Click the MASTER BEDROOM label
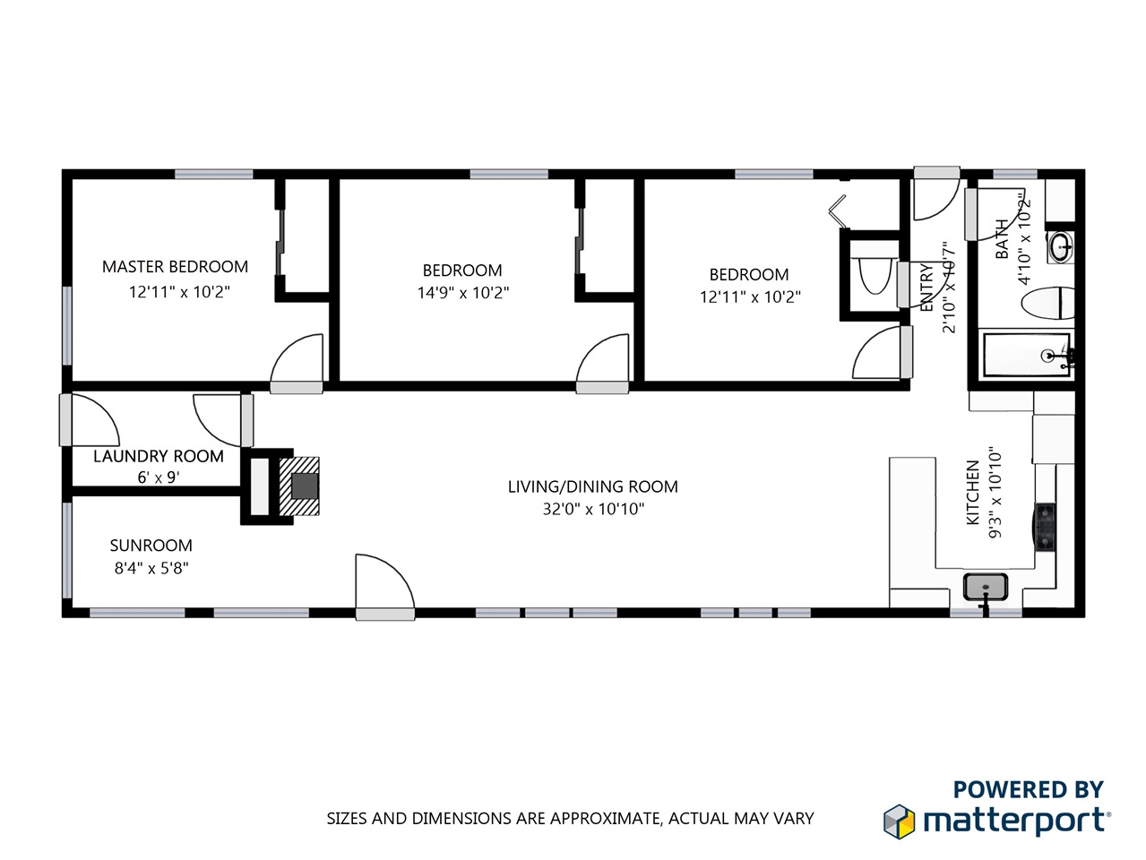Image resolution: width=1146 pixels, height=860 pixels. (x=175, y=267)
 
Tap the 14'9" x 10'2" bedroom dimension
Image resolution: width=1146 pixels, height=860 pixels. (x=462, y=293)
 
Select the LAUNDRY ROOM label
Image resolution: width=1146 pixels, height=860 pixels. (x=159, y=456)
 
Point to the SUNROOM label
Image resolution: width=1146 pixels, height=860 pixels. (x=151, y=546)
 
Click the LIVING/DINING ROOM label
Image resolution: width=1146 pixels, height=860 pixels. (x=592, y=486)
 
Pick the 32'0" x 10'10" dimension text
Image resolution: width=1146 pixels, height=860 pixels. (x=593, y=509)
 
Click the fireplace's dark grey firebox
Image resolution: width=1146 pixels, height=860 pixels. (x=305, y=486)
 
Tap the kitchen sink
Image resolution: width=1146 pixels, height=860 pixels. (x=986, y=587)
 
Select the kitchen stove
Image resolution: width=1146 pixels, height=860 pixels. (x=1046, y=527)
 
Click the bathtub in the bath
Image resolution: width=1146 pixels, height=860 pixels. (x=1027, y=355)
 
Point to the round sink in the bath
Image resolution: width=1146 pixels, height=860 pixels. (x=1061, y=247)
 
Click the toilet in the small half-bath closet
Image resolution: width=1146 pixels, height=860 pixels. (x=875, y=274)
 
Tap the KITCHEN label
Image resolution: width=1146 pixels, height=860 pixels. (x=972, y=492)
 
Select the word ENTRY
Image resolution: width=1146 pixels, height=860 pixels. (x=926, y=287)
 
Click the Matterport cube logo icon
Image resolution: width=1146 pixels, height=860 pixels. (x=899, y=821)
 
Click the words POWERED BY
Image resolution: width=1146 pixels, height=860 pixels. (x=1028, y=789)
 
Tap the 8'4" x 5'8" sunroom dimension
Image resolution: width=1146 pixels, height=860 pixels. (x=151, y=568)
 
